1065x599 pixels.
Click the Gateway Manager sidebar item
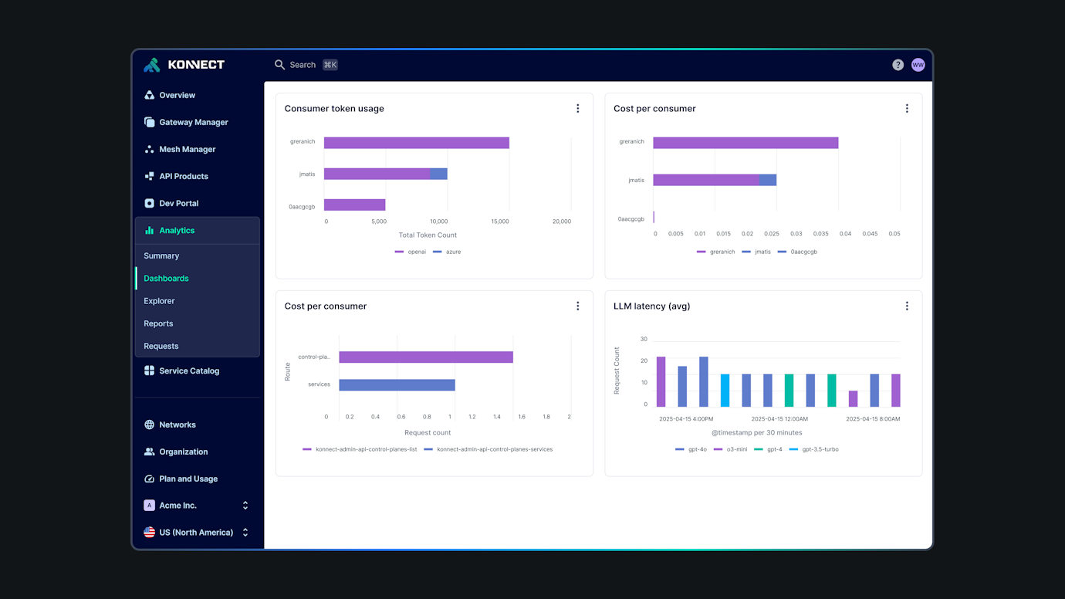(193, 122)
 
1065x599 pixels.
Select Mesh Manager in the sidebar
(187, 149)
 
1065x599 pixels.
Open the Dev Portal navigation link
(178, 203)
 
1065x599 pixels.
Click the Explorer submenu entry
(159, 301)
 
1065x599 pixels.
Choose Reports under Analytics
(158, 323)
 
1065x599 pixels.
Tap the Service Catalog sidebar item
(188, 371)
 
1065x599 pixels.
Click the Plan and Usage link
(188, 479)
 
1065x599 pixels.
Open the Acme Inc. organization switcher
(196, 506)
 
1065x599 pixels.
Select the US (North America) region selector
(196, 533)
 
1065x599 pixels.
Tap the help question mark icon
(898, 65)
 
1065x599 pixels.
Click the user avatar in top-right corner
(918, 65)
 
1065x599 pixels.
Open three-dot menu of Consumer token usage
(577, 109)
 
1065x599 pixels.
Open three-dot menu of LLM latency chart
(907, 306)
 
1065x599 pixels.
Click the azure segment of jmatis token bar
(438, 174)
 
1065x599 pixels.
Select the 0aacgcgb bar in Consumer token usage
(354, 205)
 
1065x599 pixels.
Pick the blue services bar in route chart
(397, 384)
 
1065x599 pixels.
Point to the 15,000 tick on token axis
(500, 222)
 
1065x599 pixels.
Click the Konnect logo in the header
(184, 65)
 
